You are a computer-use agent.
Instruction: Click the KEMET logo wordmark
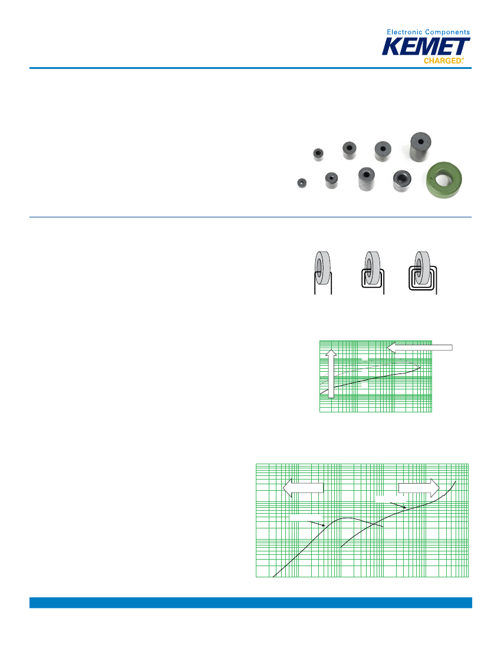[426, 47]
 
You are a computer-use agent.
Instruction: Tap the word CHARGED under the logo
[442, 61]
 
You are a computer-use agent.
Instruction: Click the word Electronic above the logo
[404, 32]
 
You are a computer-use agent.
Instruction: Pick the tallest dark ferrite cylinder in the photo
[420, 147]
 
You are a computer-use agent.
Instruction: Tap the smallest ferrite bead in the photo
[302, 183]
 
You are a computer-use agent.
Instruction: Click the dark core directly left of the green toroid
[402, 181]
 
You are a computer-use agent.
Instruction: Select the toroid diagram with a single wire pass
[323, 273]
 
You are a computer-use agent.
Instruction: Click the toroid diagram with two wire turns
[373, 273]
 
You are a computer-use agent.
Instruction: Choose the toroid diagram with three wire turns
[423, 273]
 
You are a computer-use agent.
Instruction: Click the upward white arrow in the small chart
[331, 373]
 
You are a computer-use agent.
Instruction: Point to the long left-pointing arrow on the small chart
[420, 348]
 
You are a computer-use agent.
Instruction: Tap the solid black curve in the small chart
[370, 379]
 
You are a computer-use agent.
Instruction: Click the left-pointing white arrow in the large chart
[303, 488]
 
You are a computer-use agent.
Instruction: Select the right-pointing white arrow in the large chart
[418, 488]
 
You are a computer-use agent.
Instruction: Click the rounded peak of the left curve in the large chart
[347, 518]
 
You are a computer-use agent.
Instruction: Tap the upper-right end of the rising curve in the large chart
[456, 481]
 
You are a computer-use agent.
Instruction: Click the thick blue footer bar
[250, 603]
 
